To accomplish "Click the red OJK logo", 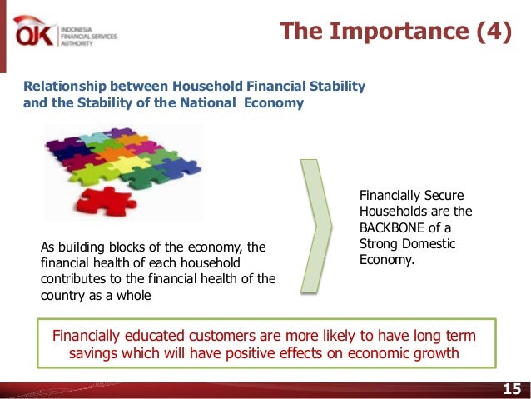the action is [x=33, y=32].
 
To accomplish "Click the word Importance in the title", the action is [x=399, y=31].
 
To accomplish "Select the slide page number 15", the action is [x=512, y=388].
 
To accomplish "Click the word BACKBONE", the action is [x=391, y=227].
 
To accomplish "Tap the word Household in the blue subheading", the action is [x=207, y=86].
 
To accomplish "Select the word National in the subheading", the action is [x=207, y=102].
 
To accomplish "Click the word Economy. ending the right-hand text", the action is [x=387, y=260].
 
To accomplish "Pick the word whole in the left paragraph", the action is [x=134, y=295].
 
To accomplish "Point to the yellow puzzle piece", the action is [x=129, y=164].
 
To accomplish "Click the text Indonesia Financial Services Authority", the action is [x=89, y=37].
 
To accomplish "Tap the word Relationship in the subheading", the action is [x=65, y=87].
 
